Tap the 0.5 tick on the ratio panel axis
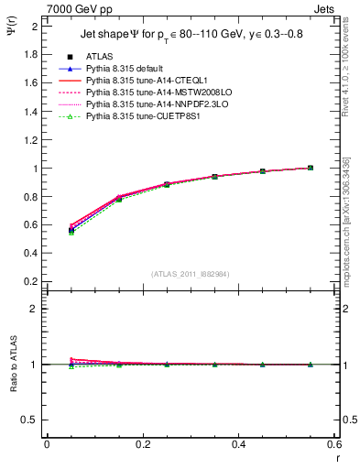31,420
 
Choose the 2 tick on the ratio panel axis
35,309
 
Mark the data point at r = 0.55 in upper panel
311,168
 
